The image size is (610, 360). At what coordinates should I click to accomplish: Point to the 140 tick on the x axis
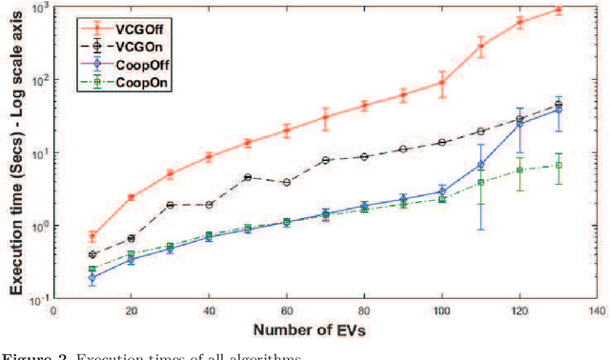(x=598, y=310)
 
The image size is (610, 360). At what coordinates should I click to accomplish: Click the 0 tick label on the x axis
(x=54, y=310)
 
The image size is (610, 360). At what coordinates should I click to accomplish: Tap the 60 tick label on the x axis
(x=287, y=310)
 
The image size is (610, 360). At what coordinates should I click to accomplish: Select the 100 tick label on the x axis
(x=442, y=310)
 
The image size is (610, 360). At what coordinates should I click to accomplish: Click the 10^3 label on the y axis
(x=39, y=9)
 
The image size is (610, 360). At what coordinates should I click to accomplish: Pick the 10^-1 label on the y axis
(x=39, y=300)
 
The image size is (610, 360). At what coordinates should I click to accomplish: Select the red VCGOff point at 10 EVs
(x=92, y=236)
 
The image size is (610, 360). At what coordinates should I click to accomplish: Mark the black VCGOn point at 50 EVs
(x=248, y=177)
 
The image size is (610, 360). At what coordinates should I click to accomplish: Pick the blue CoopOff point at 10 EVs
(x=92, y=278)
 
